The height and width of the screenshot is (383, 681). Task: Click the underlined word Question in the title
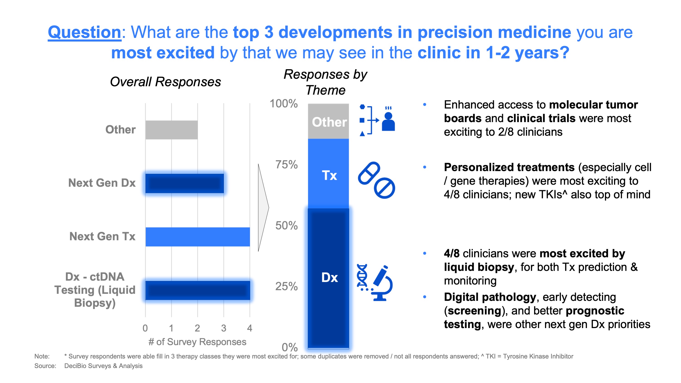click(84, 32)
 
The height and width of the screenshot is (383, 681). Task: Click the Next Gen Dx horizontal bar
click(185, 183)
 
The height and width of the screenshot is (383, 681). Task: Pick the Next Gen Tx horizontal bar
click(198, 237)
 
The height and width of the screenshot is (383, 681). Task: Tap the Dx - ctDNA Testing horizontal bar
click(198, 290)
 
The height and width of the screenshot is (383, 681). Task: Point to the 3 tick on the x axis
click(224, 328)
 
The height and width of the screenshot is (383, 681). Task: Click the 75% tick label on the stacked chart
click(286, 164)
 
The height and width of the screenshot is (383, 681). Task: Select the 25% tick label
click(286, 286)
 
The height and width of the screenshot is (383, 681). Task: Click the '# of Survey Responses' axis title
click(197, 342)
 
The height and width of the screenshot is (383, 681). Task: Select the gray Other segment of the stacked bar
click(328, 122)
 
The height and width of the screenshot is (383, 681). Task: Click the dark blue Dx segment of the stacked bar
click(328, 277)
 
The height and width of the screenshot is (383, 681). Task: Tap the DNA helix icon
click(362, 276)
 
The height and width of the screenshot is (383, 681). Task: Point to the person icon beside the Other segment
click(388, 122)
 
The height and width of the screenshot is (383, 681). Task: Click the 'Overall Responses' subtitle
click(165, 82)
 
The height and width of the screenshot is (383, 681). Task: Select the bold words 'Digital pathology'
click(490, 297)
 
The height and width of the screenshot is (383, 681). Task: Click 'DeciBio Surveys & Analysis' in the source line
click(103, 366)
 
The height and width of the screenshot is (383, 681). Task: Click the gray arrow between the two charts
click(263, 208)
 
